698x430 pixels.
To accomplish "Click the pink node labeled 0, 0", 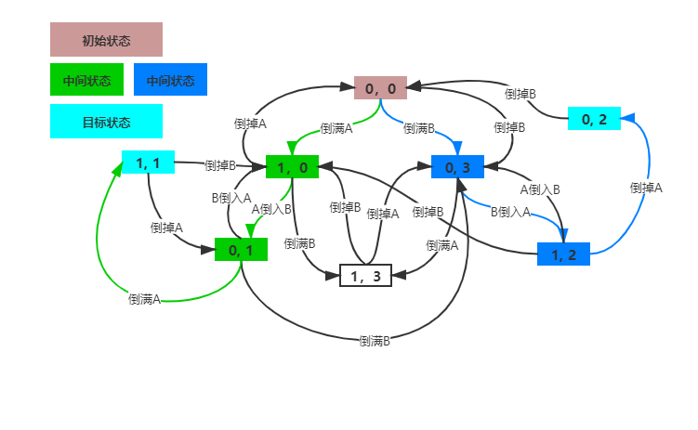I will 381,88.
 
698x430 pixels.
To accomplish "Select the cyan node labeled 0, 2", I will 594,119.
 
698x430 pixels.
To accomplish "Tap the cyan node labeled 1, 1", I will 148,163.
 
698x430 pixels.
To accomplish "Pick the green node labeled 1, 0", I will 292,166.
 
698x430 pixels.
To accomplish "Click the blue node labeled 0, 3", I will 458,166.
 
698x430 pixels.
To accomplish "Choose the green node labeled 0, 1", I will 241,249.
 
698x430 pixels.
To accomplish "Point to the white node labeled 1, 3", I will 365,275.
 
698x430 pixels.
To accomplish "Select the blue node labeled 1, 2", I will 563,254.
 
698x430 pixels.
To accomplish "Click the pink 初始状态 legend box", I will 106,40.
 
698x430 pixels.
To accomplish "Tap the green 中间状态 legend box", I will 86,80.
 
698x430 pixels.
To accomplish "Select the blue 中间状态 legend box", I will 170,80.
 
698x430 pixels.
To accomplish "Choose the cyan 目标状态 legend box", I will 106,122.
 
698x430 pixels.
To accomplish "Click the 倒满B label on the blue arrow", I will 419,127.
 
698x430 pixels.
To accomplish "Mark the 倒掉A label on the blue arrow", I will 646,187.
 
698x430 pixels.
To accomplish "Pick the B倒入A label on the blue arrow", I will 510,211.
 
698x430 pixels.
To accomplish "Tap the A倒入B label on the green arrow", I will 271,209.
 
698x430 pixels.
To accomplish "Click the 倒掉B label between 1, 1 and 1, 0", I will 220,165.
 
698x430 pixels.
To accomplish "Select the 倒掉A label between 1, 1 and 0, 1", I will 166,226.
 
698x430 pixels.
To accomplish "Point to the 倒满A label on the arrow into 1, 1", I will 145,298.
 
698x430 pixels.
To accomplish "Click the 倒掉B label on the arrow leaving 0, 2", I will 520,93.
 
